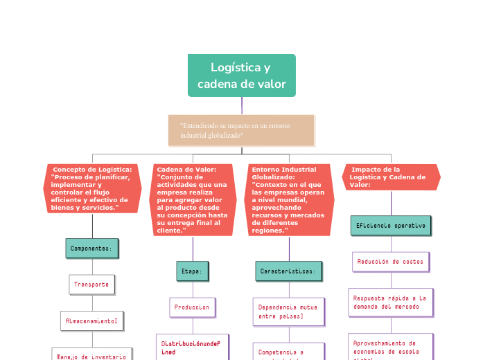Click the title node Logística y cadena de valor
pyautogui.click(x=241, y=75)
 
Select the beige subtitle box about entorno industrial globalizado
pyautogui.click(x=241, y=130)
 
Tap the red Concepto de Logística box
pyautogui.click(x=93, y=188)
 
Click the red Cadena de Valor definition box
pyautogui.click(x=193, y=199)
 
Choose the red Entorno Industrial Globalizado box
pyautogui.click(x=289, y=199)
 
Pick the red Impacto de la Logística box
pyautogui.click(x=391, y=177)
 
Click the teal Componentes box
pyautogui.click(x=92, y=248)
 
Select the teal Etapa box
pyautogui.click(x=192, y=271)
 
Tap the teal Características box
pyautogui.click(x=288, y=271)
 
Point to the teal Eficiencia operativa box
pyautogui.click(x=391, y=226)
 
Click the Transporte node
pyautogui.click(x=91, y=284)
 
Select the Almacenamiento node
pyautogui.click(x=92, y=321)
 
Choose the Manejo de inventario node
pyautogui.click(x=92, y=354)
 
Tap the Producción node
pyautogui.click(x=192, y=307)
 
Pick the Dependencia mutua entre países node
pyautogui.click(x=288, y=311)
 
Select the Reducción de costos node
pyautogui.click(x=391, y=262)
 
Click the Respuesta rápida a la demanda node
pyautogui.click(x=391, y=302)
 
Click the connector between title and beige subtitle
pyautogui.click(x=242, y=105)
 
